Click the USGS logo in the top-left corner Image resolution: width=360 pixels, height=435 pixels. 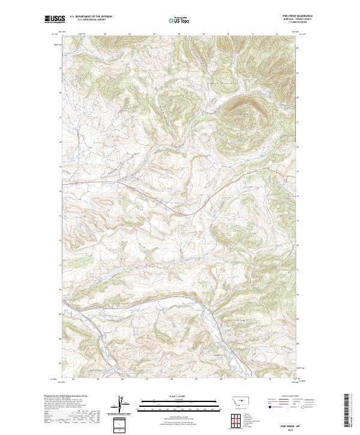[x=54, y=19]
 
